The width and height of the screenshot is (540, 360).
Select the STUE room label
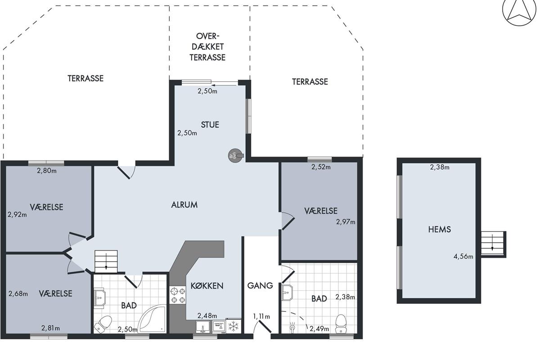[210, 125]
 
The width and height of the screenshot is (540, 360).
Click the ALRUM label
[184, 205]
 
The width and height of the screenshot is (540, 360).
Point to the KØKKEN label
[207, 286]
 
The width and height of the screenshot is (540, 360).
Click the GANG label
[260, 285]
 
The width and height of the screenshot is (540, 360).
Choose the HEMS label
[440, 229]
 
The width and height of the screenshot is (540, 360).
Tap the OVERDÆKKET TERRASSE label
[207, 47]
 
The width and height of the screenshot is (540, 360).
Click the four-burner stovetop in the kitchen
[178, 295]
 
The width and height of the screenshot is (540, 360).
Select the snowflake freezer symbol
[234, 327]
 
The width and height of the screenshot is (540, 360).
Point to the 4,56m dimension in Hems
[463, 256]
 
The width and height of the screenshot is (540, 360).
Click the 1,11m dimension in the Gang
[261, 316]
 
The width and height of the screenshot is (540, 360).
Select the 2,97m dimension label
[346, 221]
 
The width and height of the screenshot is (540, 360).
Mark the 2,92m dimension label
[17, 214]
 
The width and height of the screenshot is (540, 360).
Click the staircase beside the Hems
[494, 244]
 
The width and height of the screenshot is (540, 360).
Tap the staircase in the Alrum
[106, 261]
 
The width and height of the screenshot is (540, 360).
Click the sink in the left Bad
[99, 298]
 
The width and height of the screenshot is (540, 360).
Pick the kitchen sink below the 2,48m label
[203, 327]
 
